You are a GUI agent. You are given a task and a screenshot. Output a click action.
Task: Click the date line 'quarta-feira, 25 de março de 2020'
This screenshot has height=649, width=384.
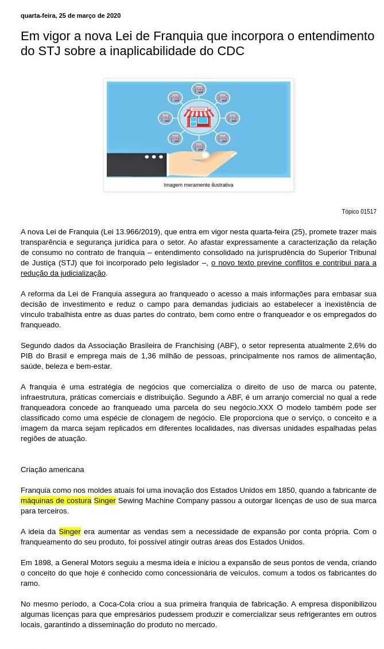tap(71, 16)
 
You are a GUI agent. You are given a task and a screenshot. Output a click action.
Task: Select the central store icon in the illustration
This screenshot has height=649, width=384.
tap(199, 117)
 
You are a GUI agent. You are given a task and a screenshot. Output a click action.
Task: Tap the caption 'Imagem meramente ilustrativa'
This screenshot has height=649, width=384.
tap(199, 185)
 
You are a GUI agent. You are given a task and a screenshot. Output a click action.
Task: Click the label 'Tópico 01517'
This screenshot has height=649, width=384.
tap(359, 211)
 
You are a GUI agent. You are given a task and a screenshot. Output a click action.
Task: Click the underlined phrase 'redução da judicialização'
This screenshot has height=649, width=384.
tap(63, 273)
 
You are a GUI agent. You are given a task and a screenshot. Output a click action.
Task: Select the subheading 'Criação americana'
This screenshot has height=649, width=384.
tap(52, 469)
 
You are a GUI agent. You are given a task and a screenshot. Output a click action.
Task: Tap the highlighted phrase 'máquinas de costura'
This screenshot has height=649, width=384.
tap(56, 500)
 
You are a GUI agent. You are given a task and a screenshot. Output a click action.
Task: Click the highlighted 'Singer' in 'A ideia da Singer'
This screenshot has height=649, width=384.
tap(70, 531)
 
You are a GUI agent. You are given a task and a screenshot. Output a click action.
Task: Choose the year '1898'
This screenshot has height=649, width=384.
tap(39, 562)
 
